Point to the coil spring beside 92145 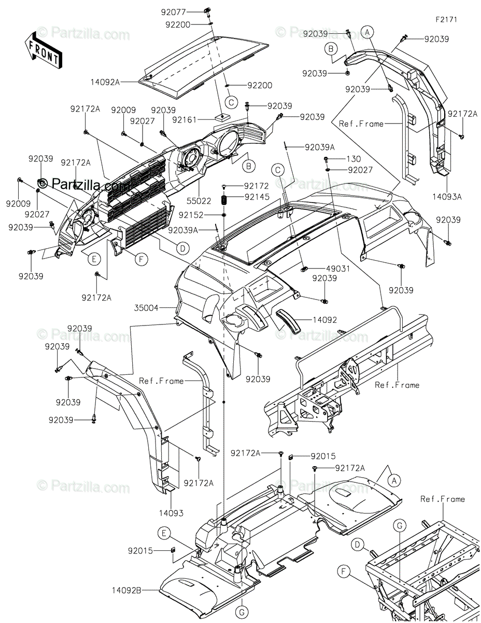coord(224,199)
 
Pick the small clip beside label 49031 coord(305,269)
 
